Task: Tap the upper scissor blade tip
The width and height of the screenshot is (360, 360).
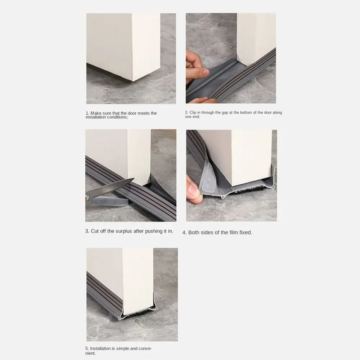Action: (x=134, y=179)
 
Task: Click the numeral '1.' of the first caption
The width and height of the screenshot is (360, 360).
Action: (x=87, y=113)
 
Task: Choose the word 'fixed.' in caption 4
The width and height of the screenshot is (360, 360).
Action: (x=246, y=233)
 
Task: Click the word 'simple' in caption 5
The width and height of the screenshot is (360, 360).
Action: (x=123, y=348)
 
